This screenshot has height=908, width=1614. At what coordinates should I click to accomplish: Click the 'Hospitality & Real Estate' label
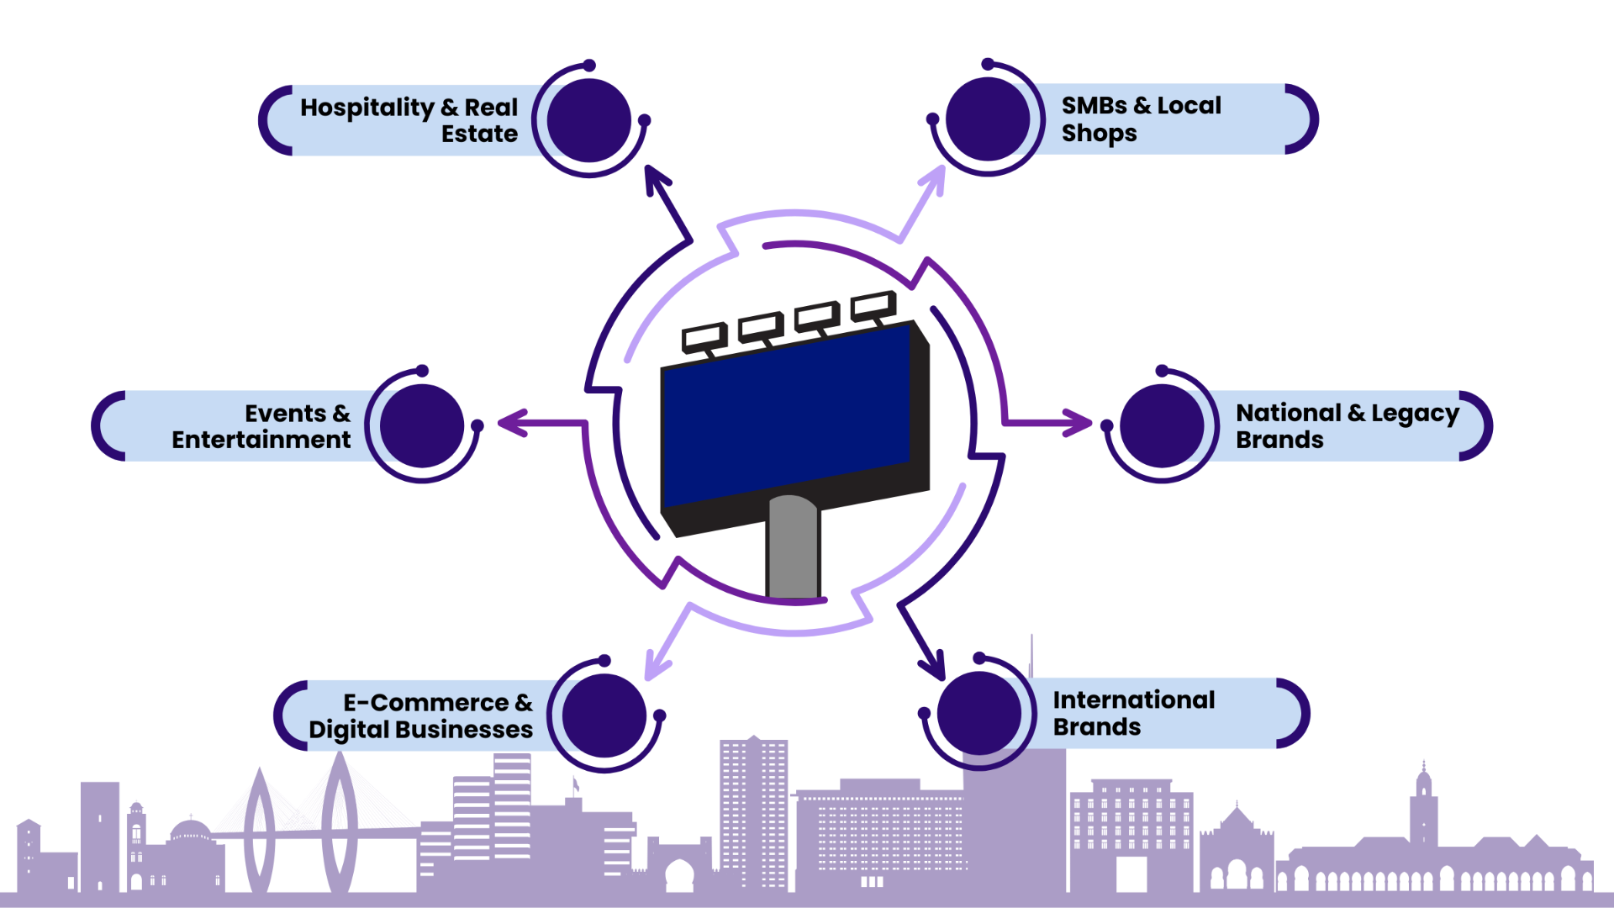409,120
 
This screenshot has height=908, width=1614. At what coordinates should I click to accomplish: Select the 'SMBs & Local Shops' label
1141,119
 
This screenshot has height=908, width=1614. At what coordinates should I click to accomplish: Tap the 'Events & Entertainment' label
261,426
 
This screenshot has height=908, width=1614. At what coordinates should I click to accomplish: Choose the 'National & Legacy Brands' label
1347,426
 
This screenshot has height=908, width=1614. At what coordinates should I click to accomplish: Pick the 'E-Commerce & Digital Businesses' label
420,715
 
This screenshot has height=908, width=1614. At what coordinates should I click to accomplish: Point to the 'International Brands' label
1133,713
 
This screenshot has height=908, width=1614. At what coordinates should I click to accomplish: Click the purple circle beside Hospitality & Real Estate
589,120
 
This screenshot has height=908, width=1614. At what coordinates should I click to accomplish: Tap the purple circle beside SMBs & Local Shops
987,119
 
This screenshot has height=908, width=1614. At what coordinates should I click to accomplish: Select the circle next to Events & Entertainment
422,425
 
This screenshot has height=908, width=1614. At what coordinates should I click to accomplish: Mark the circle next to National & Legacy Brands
1162,425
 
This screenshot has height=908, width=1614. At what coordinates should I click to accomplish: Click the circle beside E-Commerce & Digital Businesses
604,715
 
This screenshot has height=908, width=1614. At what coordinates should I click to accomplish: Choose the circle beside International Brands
978,713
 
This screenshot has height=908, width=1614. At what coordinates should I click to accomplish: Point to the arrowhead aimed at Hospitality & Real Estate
656,179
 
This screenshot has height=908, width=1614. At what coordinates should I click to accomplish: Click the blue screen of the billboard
786,416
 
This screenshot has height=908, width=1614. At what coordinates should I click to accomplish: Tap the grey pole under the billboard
792,551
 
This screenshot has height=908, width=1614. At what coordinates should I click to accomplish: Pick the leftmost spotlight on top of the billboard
703,336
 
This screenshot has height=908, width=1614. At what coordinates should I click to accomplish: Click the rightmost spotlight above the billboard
871,305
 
